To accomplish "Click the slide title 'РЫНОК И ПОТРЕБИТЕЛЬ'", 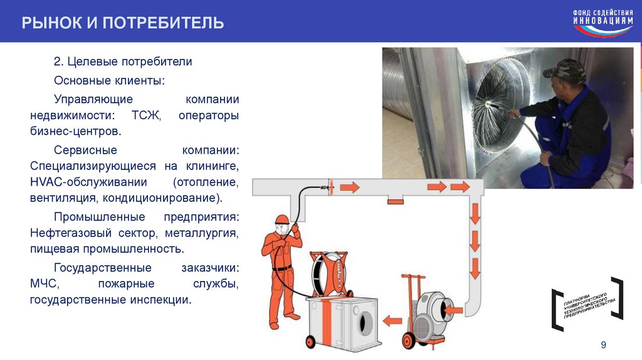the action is point(123,23).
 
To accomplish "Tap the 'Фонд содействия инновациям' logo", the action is point(603,23).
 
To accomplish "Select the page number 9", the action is point(604,345).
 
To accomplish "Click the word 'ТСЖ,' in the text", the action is point(146,115).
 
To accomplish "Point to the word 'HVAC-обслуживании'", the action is point(88,182).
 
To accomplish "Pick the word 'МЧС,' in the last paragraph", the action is point(45,284).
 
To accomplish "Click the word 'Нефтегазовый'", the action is point(70,233).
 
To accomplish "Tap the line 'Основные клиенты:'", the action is point(109,80).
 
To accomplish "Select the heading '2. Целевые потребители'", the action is point(123,61).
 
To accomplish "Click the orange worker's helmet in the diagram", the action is point(282,219).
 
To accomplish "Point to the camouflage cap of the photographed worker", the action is point(563,68).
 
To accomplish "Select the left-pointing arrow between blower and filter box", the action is point(392,320).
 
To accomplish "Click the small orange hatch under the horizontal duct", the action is point(395,201).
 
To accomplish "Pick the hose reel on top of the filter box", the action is point(329,273).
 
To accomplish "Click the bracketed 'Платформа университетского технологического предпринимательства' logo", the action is point(587,304).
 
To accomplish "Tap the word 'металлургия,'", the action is point(202,233).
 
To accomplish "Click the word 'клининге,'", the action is point(213,166).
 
